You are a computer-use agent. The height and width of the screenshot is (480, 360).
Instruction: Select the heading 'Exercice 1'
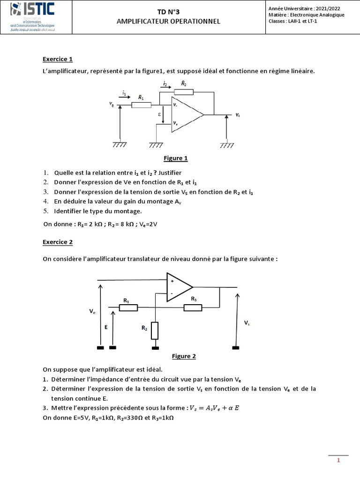58,60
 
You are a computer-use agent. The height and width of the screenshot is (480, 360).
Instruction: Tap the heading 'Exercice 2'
58,242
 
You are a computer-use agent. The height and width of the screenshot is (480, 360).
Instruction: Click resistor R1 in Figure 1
141,105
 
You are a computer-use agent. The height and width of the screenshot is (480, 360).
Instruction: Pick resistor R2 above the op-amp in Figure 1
183,92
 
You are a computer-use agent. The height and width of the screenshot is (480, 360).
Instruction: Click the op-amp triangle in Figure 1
186,114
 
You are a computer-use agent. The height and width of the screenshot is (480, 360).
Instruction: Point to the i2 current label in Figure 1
165,84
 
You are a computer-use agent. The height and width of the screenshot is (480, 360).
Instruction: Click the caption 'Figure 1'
176,158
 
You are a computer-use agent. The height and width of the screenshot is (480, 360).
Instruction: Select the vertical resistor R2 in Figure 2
155,330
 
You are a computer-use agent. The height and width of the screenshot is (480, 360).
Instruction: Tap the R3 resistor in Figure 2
193,307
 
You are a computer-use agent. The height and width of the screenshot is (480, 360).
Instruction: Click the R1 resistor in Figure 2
128,307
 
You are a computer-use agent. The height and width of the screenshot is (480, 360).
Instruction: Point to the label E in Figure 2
106,328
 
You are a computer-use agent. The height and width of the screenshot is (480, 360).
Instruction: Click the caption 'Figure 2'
184,356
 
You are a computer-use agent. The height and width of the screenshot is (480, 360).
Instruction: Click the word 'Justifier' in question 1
159,172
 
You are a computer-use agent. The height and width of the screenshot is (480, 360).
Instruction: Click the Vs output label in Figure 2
247,323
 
